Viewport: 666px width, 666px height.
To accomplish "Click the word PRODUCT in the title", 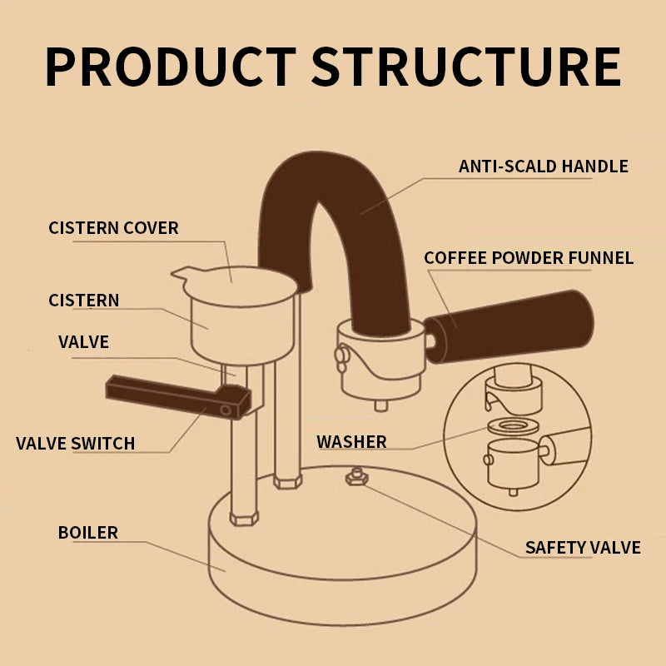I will pyautogui.click(x=170, y=67).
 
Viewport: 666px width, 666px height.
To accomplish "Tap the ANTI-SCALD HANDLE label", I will pyautogui.click(x=543, y=166).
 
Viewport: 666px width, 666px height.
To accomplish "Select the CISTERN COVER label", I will pyautogui.click(x=113, y=227).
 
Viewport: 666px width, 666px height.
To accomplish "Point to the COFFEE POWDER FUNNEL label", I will pyautogui.click(x=529, y=257).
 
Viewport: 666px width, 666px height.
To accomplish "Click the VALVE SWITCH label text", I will pyautogui.click(x=75, y=443).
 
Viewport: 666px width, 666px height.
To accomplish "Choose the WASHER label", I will pyautogui.click(x=351, y=441).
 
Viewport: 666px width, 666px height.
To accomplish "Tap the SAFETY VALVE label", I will pyautogui.click(x=582, y=547).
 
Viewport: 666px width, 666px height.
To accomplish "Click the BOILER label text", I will pyautogui.click(x=87, y=532).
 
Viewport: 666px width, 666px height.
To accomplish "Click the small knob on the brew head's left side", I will pyautogui.click(x=340, y=355).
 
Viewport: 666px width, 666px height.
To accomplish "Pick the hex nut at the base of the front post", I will pyautogui.click(x=244, y=518).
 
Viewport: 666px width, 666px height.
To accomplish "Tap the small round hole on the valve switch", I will pyautogui.click(x=226, y=410).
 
